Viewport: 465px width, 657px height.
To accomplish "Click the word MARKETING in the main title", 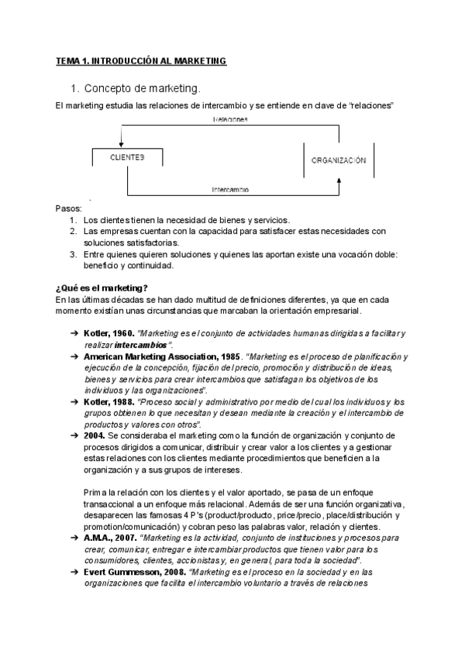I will (193, 60).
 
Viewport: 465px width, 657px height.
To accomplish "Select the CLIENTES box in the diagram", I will (128, 157).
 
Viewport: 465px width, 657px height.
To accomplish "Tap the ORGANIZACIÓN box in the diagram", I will (338, 160).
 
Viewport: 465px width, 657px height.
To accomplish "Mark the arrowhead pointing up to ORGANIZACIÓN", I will (339, 180).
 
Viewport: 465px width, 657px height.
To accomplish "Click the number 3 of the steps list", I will (72, 253).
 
